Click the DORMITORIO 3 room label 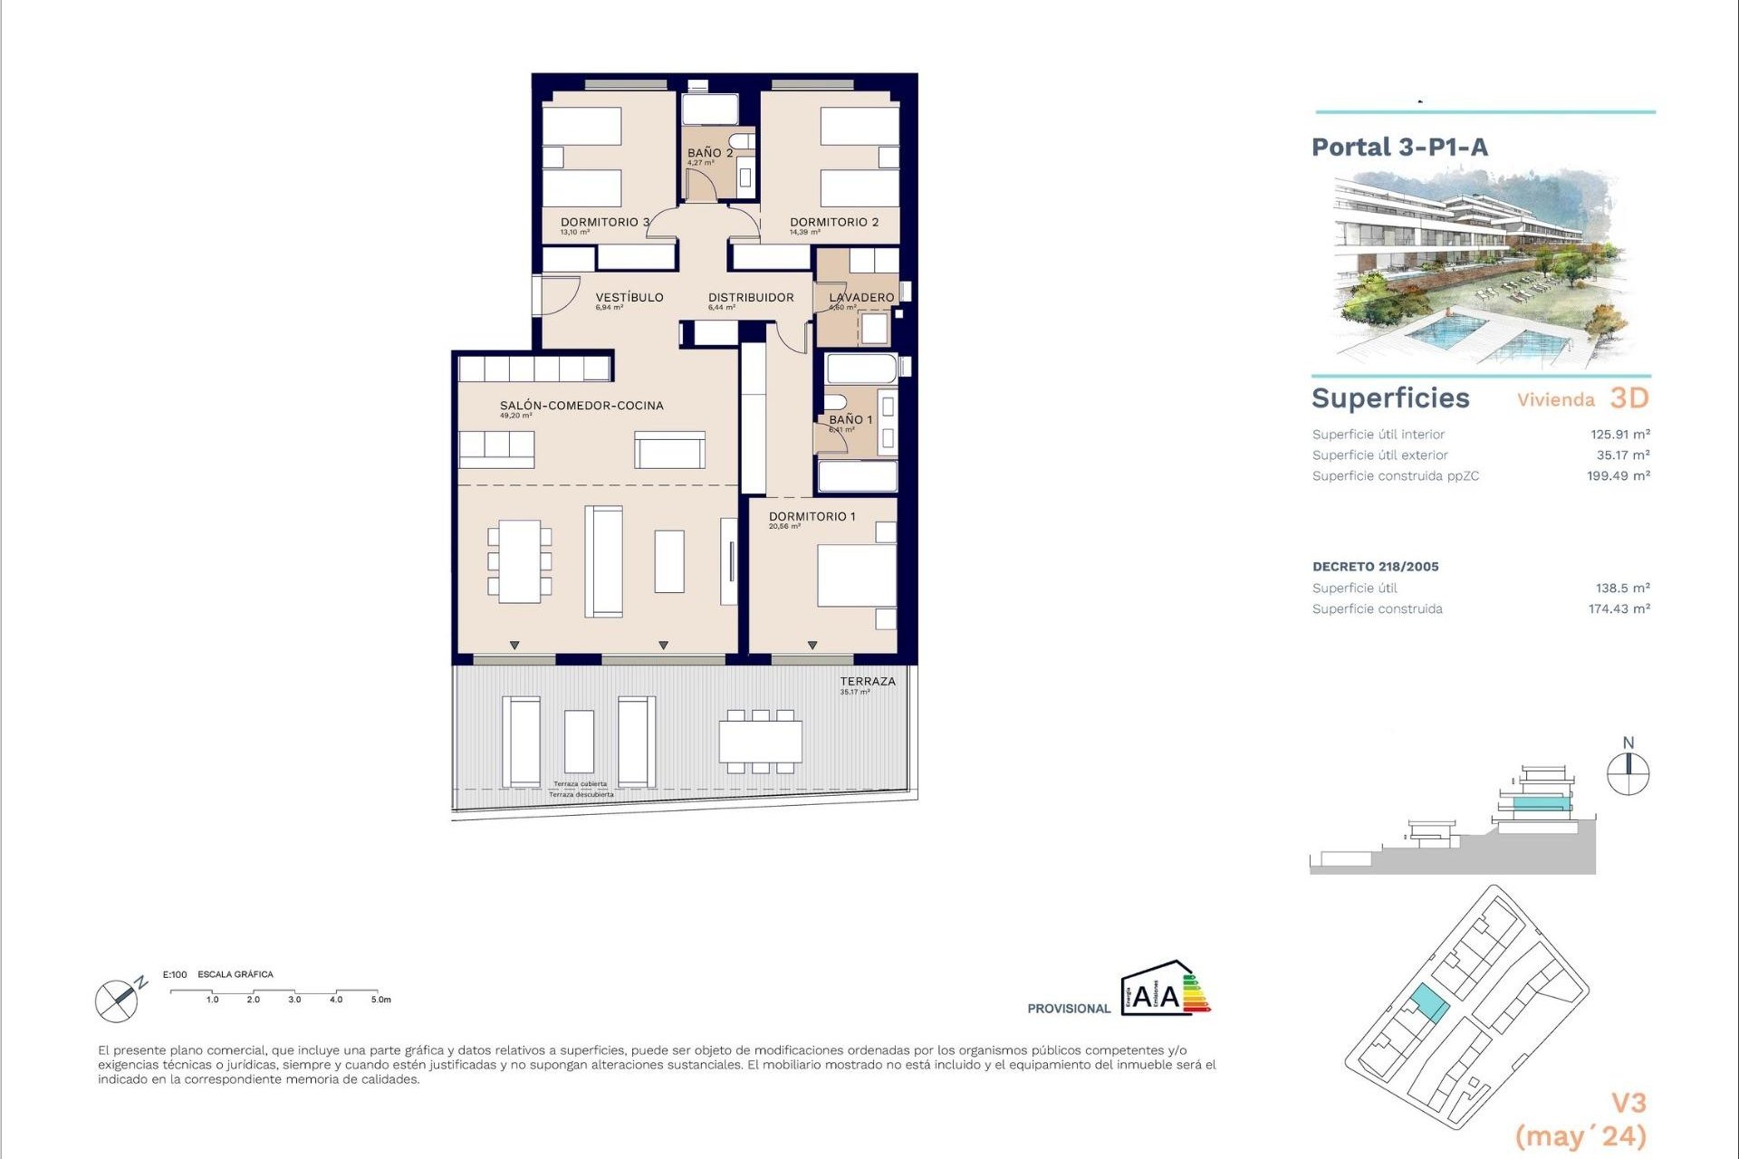[604, 222]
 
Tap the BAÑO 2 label [709, 153]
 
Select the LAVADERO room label [861, 297]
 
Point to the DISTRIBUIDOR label [751, 297]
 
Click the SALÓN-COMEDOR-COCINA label [581, 406]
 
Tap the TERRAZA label [867, 681]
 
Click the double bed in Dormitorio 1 [856, 575]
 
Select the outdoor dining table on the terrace [760, 742]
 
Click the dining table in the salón [519, 561]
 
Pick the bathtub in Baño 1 [860, 369]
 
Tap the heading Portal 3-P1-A [1399, 148]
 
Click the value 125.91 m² [1619, 435]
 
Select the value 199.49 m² [1618, 476]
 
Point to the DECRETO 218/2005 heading [1375, 567]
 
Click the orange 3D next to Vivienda [1629, 398]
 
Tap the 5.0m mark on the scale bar [380, 1000]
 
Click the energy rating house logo [1164, 989]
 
